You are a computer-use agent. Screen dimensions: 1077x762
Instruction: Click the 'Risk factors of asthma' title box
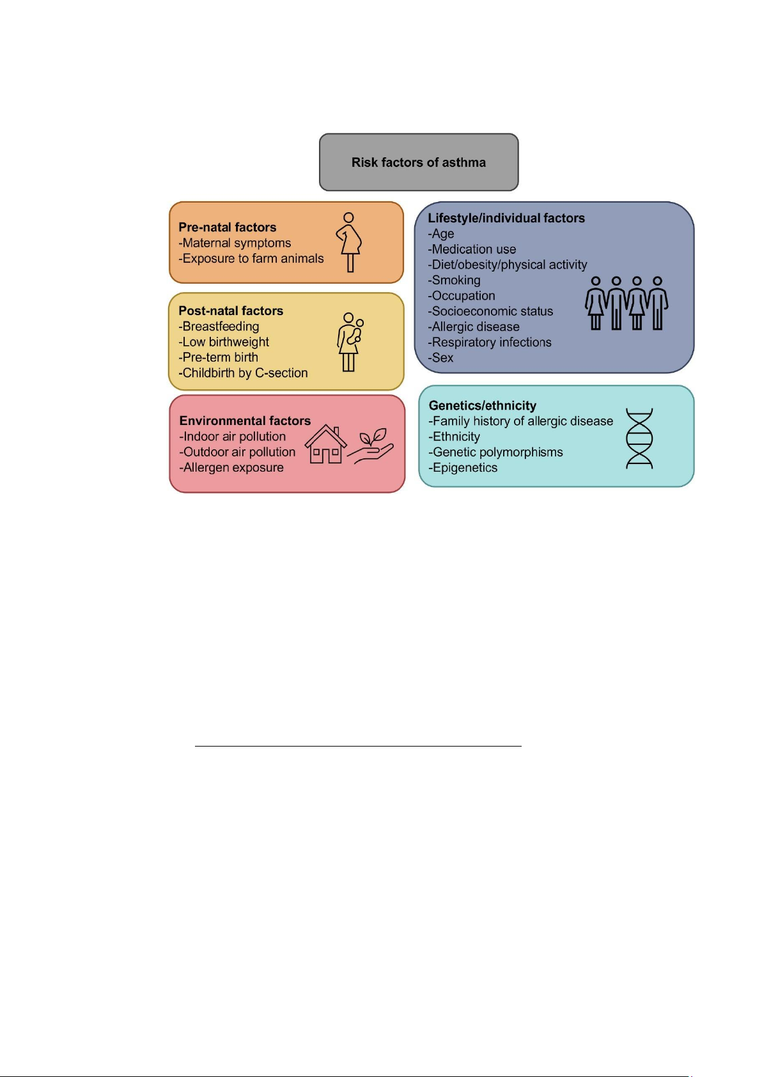[x=419, y=162]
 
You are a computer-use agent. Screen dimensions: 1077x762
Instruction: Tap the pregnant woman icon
[x=349, y=242]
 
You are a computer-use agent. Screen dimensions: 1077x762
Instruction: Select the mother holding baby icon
[x=350, y=341]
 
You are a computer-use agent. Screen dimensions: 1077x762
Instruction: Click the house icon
[x=325, y=444]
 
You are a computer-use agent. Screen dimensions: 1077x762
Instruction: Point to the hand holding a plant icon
[x=371, y=447]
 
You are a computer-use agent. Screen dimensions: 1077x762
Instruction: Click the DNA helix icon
[x=639, y=438]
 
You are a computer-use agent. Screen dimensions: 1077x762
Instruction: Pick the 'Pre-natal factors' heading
[x=228, y=228]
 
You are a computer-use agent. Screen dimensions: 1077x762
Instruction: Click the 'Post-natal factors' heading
[x=231, y=311]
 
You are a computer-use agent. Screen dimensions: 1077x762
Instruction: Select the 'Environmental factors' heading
[x=245, y=421]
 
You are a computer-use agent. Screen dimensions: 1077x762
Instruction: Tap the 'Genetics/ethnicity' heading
[x=483, y=406]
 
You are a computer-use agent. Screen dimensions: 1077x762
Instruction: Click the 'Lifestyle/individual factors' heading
[x=506, y=219]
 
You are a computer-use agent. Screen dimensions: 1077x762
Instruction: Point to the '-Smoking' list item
[x=455, y=281]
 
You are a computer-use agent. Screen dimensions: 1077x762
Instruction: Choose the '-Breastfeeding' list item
[x=219, y=327]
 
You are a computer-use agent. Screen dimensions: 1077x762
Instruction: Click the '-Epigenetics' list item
[x=463, y=468]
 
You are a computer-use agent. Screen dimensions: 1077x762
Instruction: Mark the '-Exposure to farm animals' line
[x=251, y=259]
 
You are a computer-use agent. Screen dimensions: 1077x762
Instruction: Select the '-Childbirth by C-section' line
[x=244, y=373]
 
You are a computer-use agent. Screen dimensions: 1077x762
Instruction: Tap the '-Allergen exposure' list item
[x=232, y=468]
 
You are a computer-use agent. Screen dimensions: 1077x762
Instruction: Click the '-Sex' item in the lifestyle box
[x=441, y=358]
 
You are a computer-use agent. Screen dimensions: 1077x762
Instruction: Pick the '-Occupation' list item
[x=462, y=296]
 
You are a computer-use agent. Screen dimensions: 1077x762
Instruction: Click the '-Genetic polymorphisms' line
[x=496, y=453]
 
